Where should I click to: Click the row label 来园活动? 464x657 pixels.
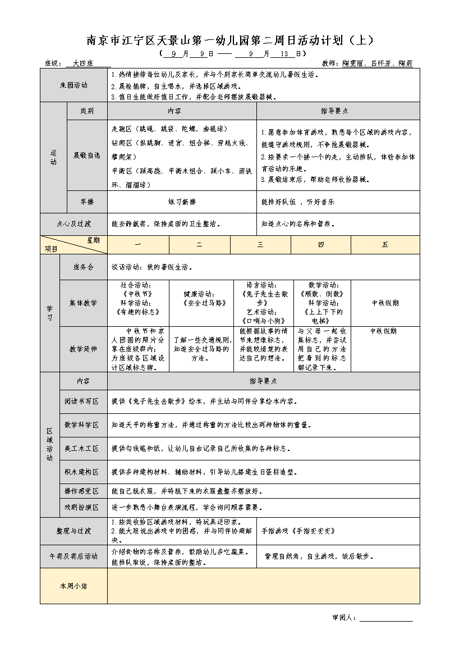tap(73, 85)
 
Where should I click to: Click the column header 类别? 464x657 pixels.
tap(87, 111)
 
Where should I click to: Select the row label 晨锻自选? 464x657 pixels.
tap(87, 155)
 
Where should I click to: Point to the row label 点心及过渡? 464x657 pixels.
tap(73, 223)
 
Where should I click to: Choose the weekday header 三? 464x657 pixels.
tap(260, 245)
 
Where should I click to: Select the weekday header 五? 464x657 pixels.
tap(385, 245)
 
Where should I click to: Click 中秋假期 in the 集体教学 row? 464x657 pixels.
tap(385, 303)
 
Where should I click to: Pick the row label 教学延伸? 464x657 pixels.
tap(84, 349)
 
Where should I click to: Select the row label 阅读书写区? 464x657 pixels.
tap(81, 401)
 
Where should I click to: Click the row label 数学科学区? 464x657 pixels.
tap(81, 425)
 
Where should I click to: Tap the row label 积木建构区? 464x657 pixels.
tap(81, 472)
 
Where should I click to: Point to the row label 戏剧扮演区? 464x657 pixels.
tap(81, 507)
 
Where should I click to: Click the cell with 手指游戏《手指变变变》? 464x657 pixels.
tap(298, 530)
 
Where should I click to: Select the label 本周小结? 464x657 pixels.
tap(73, 586)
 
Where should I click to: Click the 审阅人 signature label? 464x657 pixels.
tap(344, 618)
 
